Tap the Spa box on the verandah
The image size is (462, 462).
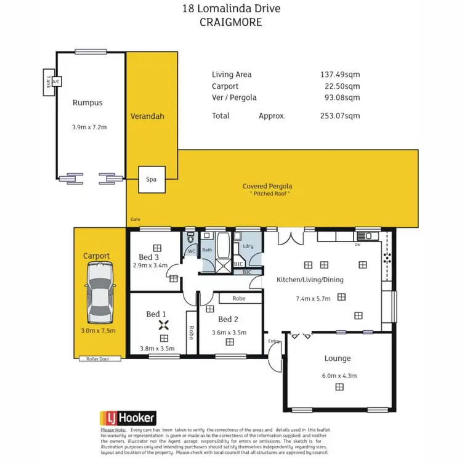tap(151, 179)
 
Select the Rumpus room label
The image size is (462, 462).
tap(87, 103)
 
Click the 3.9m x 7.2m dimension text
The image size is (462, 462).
tap(89, 128)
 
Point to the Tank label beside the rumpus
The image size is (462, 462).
tap(48, 81)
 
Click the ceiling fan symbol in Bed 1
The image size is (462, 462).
tap(164, 326)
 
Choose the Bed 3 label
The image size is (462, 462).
tap(148, 257)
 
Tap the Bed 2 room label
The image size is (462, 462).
tap(228, 319)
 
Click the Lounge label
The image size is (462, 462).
tap(338, 358)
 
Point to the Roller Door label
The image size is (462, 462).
tap(97, 359)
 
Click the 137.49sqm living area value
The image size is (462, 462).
tap(336, 75)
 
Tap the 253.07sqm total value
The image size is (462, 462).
tap(336, 116)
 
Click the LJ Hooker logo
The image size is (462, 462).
tap(128, 418)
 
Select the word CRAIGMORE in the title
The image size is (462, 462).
tap(230, 22)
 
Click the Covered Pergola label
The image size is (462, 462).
tap(267, 186)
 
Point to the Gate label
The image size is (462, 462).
tap(136, 219)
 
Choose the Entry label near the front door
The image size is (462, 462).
tap(273, 341)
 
